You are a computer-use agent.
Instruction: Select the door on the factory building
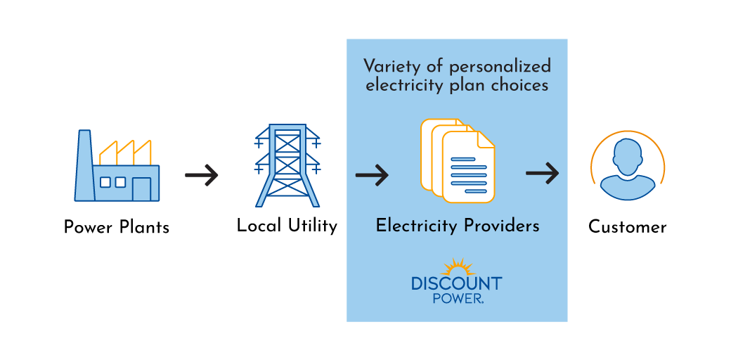pos(141,188)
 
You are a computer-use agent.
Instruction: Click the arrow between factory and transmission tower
pos(202,174)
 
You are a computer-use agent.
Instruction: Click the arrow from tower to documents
pos(372,174)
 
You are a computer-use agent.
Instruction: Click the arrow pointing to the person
pos(542,173)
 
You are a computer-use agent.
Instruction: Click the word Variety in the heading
pos(390,67)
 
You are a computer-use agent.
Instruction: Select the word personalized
pos(500,67)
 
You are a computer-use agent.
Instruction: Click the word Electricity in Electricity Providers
pos(416,226)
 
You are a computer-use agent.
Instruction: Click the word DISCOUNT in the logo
pos(457,283)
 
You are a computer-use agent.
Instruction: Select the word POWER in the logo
pos(457,298)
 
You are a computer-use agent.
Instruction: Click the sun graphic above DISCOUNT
pos(457,268)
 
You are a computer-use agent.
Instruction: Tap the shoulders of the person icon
pos(627,188)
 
